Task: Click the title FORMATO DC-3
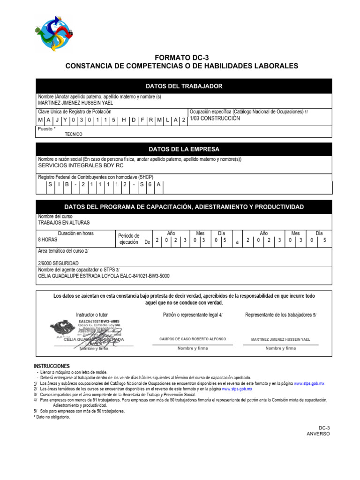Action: pyautogui.click(x=181, y=57)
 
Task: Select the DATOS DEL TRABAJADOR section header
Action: pyautogui.click(x=184, y=86)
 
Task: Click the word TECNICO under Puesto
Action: pyautogui.click(x=73, y=134)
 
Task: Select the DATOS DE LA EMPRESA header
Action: pyautogui.click(x=184, y=150)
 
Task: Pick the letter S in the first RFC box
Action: pyautogui.click(x=50, y=185)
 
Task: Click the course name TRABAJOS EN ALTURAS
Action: pyautogui.click(x=64, y=223)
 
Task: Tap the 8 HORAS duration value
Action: pyautogui.click(x=48, y=239)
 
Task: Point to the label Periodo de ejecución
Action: pyautogui.click(x=128, y=239)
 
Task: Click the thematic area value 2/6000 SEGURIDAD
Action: pyautogui.click(x=59, y=263)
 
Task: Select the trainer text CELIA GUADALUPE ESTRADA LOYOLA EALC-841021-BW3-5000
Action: pyautogui.click(x=104, y=276)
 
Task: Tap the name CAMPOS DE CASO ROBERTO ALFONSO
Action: pyautogui.click(x=192, y=339)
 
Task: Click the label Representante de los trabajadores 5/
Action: pyautogui.click(x=280, y=315)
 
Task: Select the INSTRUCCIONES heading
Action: pyautogui.click(x=52, y=366)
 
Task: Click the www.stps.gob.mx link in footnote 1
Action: pyautogui.click(x=309, y=383)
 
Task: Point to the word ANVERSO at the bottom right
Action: pyautogui.click(x=318, y=434)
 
